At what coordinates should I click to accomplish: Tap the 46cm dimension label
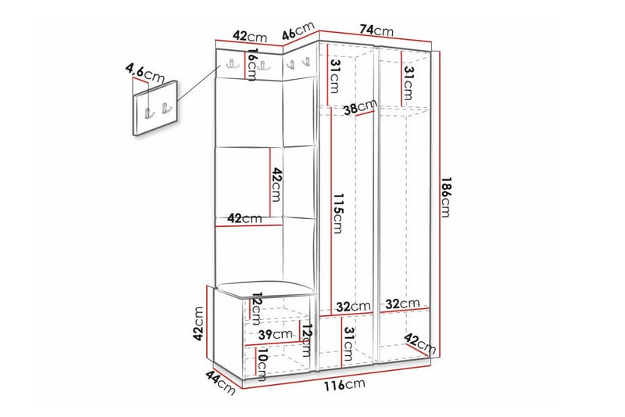coord(297,34)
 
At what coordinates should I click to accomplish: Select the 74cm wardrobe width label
coord(376,30)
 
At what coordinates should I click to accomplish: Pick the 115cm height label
coord(337,213)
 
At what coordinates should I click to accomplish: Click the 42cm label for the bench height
coord(199,322)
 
